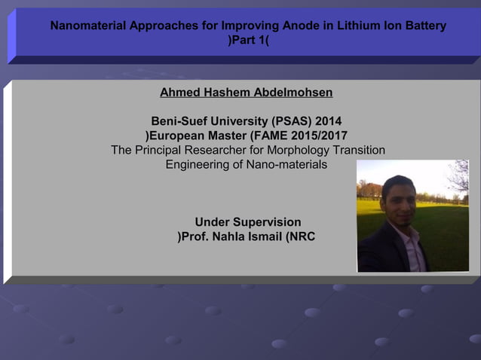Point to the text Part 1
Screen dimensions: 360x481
[248, 40]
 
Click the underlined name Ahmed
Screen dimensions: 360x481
[181, 93]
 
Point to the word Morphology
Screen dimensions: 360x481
[298, 150]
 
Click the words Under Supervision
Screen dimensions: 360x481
[248, 222]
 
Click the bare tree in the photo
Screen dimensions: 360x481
[457, 177]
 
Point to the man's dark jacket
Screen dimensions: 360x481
[381, 252]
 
